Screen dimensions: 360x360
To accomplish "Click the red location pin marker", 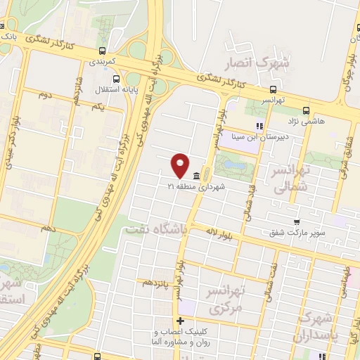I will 180,165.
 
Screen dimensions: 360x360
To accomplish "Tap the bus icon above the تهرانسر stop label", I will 273,89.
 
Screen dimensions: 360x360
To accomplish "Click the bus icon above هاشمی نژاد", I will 306,110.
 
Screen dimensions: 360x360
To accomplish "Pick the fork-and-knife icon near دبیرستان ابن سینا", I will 259,127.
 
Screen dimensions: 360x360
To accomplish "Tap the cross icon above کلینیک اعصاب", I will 180,321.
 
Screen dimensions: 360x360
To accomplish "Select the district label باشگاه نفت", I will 156,230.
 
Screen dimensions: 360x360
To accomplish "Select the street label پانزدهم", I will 156,283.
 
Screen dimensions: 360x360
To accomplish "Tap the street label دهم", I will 49,229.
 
